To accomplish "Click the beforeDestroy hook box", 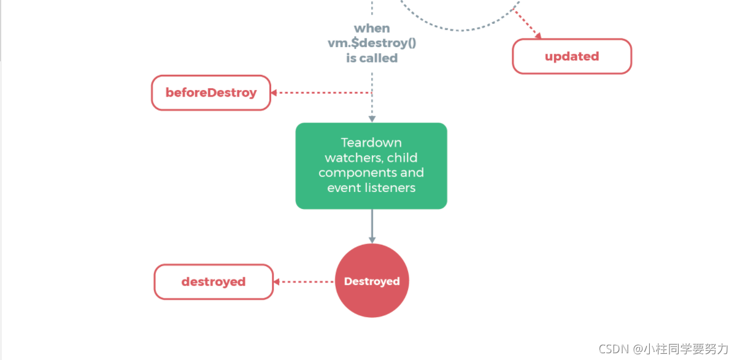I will pyautogui.click(x=211, y=93).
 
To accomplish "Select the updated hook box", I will pyautogui.click(x=572, y=56).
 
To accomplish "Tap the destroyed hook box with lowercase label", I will pyautogui.click(x=213, y=281).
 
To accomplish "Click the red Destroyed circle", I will pyautogui.click(x=372, y=281).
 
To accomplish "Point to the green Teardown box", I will pyautogui.click(x=371, y=166).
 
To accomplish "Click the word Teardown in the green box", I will pyautogui.click(x=371, y=143).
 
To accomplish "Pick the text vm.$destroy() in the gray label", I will pyautogui.click(x=372, y=43).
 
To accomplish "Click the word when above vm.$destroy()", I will pyautogui.click(x=372, y=28).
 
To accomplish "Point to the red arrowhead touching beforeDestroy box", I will pyautogui.click(x=274, y=93).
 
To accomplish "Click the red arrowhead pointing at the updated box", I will pyautogui.click(x=537, y=36).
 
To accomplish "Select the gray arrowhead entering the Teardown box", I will pyautogui.click(x=372, y=118).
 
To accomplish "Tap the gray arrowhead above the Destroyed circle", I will pyautogui.click(x=372, y=239).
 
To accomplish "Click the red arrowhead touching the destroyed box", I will pyautogui.click(x=277, y=281).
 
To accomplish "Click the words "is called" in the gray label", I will pyautogui.click(x=372, y=58).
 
